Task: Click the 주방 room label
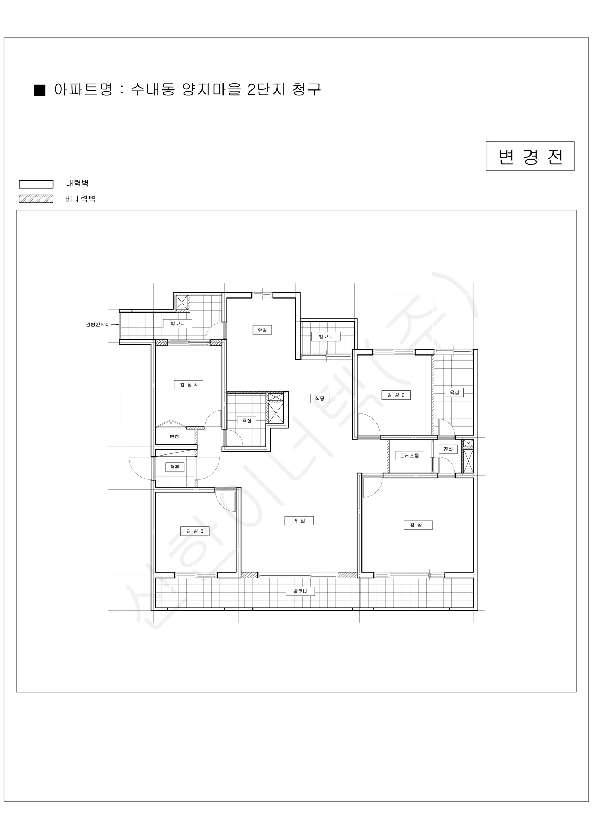point(262,330)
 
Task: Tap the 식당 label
point(320,398)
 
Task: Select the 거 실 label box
point(299,521)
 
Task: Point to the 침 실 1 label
point(418,525)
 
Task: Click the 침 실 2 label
point(396,395)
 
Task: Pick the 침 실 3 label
point(195,531)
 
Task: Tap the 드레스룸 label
point(409,456)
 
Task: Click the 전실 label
point(448,449)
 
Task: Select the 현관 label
point(175,467)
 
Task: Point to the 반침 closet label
point(174,436)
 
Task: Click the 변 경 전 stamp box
point(530,156)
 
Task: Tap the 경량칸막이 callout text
point(98,324)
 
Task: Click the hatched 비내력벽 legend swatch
point(36,199)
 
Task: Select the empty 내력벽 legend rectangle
point(36,184)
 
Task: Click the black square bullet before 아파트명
point(39,90)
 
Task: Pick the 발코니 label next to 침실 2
point(326,337)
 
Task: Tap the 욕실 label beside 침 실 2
point(454,393)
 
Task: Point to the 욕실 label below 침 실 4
point(247,421)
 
